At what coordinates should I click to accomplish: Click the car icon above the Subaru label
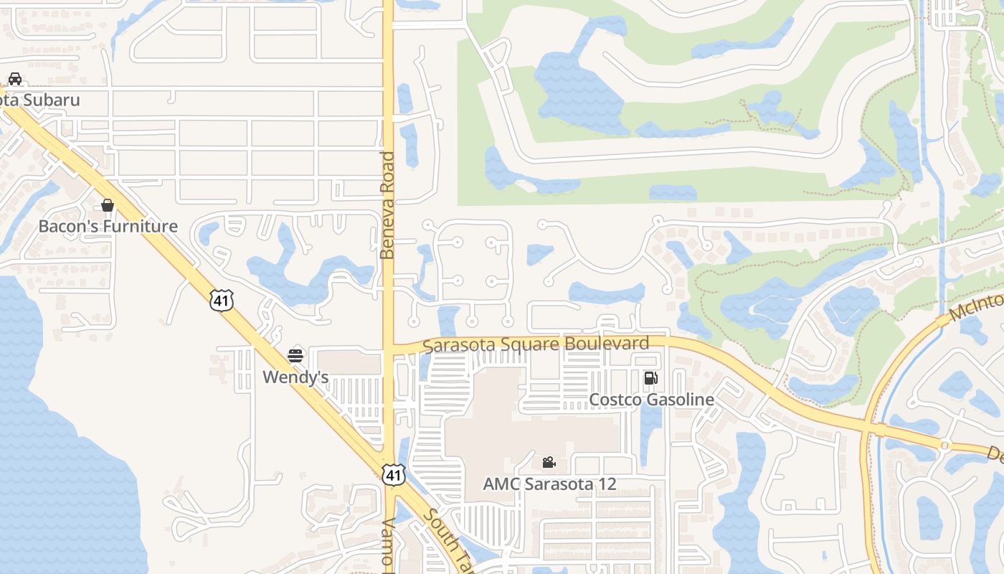(14, 79)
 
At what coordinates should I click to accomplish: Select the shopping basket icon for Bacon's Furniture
(108, 206)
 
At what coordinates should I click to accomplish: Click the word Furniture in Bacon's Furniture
(141, 227)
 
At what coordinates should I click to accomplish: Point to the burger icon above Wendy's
(295, 355)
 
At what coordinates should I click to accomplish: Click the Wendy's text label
(295, 377)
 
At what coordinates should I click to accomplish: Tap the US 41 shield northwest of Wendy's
(222, 300)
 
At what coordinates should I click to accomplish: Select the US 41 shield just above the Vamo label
(393, 474)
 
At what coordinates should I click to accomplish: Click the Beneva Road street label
(388, 205)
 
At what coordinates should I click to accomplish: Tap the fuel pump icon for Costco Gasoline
(650, 378)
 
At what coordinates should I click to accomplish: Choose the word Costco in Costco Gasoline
(613, 400)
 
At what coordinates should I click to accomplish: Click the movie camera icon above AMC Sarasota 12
(549, 463)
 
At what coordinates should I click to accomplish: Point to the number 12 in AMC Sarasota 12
(607, 484)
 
